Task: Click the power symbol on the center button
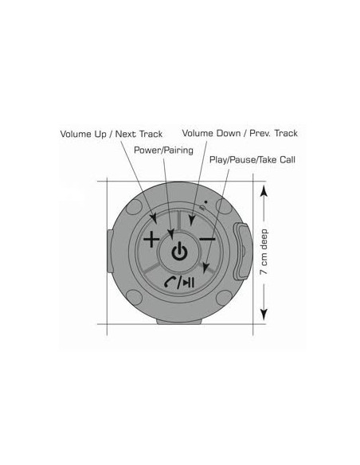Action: tap(179, 251)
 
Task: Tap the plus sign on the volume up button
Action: tap(151, 239)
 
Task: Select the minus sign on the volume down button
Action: tap(207, 239)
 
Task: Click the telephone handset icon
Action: tap(170, 282)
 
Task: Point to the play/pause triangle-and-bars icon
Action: tap(189, 283)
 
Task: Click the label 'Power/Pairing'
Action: tap(163, 150)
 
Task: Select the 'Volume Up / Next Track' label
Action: tap(112, 134)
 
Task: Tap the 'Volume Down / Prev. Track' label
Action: tap(240, 133)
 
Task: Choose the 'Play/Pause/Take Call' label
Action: tap(252, 160)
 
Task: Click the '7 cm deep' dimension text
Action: tap(264, 252)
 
